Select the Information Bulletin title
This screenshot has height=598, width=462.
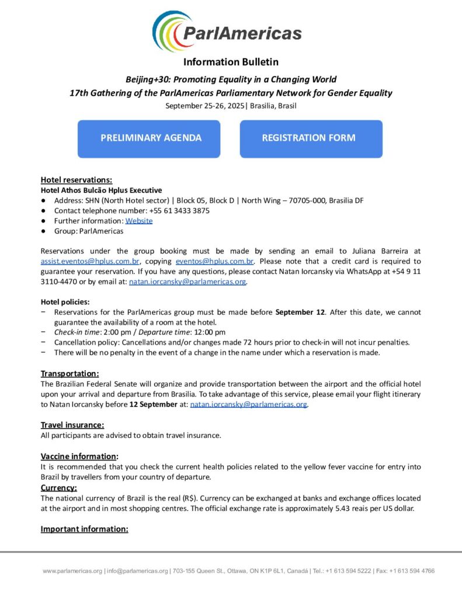(231, 62)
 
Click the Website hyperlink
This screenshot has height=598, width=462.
(139, 221)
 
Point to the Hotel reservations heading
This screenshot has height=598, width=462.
(76, 180)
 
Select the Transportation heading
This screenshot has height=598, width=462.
(70, 373)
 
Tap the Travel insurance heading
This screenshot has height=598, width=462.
(72, 425)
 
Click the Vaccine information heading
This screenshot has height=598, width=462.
(79, 456)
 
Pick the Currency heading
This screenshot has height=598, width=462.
(58, 488)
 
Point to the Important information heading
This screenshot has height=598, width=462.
(84, 529)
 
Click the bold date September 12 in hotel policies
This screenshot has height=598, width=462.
(300, 312)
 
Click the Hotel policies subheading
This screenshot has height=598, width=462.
(65, 302)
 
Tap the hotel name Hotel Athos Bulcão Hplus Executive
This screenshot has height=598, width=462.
(101, 190)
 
